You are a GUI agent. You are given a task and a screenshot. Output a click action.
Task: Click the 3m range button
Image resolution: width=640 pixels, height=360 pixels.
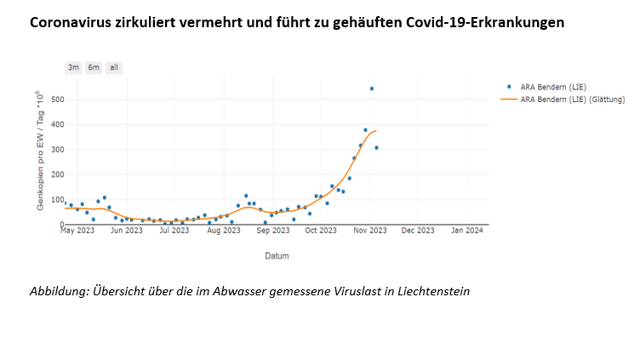[x=74, y=67]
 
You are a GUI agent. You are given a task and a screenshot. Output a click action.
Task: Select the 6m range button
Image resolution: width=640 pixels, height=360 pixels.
[x=94, y=67]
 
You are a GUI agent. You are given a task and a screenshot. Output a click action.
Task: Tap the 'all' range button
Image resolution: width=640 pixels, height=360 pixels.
[x=114, y=67]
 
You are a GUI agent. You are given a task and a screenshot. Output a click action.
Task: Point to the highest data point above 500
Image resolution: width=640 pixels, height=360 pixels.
[x=371, y=89]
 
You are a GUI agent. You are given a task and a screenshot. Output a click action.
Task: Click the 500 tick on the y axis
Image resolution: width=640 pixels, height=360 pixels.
[x=57, y=100]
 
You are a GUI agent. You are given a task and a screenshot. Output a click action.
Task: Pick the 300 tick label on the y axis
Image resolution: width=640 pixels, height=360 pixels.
[x=57, y=150]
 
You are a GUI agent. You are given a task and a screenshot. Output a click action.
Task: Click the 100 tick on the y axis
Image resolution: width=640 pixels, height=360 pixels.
[x=57, y=200]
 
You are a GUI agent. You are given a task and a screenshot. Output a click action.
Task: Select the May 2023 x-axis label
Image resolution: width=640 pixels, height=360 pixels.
[x=77, y=231]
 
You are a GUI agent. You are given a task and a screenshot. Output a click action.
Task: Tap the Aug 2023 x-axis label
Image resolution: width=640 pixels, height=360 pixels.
[x=224, y=231]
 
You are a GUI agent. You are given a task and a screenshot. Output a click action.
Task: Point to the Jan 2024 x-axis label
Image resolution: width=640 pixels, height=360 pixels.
[x=466, y=231]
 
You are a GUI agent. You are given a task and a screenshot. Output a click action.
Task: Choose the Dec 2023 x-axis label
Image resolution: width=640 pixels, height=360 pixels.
[x=418, y=231]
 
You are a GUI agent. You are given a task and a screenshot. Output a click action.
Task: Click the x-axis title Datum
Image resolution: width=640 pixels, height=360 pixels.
[x=275, y=255]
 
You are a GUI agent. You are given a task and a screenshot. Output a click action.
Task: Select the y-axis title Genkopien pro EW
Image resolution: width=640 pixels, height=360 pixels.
[x=40, y=153]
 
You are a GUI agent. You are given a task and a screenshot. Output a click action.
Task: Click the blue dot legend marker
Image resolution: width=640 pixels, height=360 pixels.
[x=510, y=87]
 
